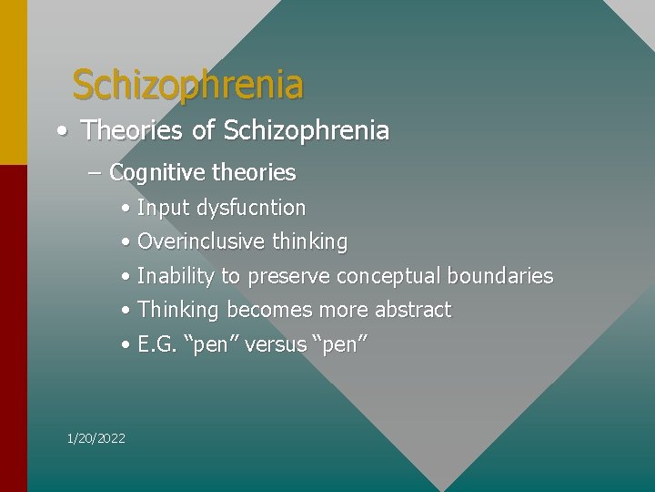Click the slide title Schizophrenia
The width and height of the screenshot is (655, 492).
point(187,85)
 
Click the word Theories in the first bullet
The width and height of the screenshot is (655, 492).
point(133,131)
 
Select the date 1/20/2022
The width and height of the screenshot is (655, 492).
point(96,439)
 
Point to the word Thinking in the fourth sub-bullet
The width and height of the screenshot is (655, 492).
point(178,310)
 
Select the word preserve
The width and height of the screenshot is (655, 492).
point(288,276)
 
